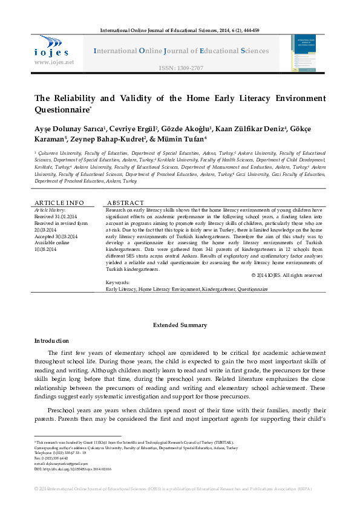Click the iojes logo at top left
coord(51,46)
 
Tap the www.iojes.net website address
coord(54,62)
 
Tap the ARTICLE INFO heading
coord(59,203)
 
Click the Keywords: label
coord(117,282)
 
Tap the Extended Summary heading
coord(180,325)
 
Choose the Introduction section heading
coord(51,341)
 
